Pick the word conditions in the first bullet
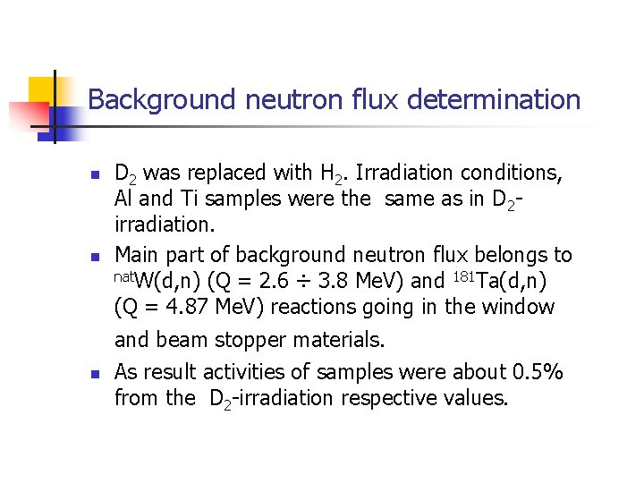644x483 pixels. click(x=513, y=173)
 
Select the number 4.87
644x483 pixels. click(x=179, y=308)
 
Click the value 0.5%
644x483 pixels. click(x=537, y=372)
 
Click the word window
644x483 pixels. click(x=520, y=308)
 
